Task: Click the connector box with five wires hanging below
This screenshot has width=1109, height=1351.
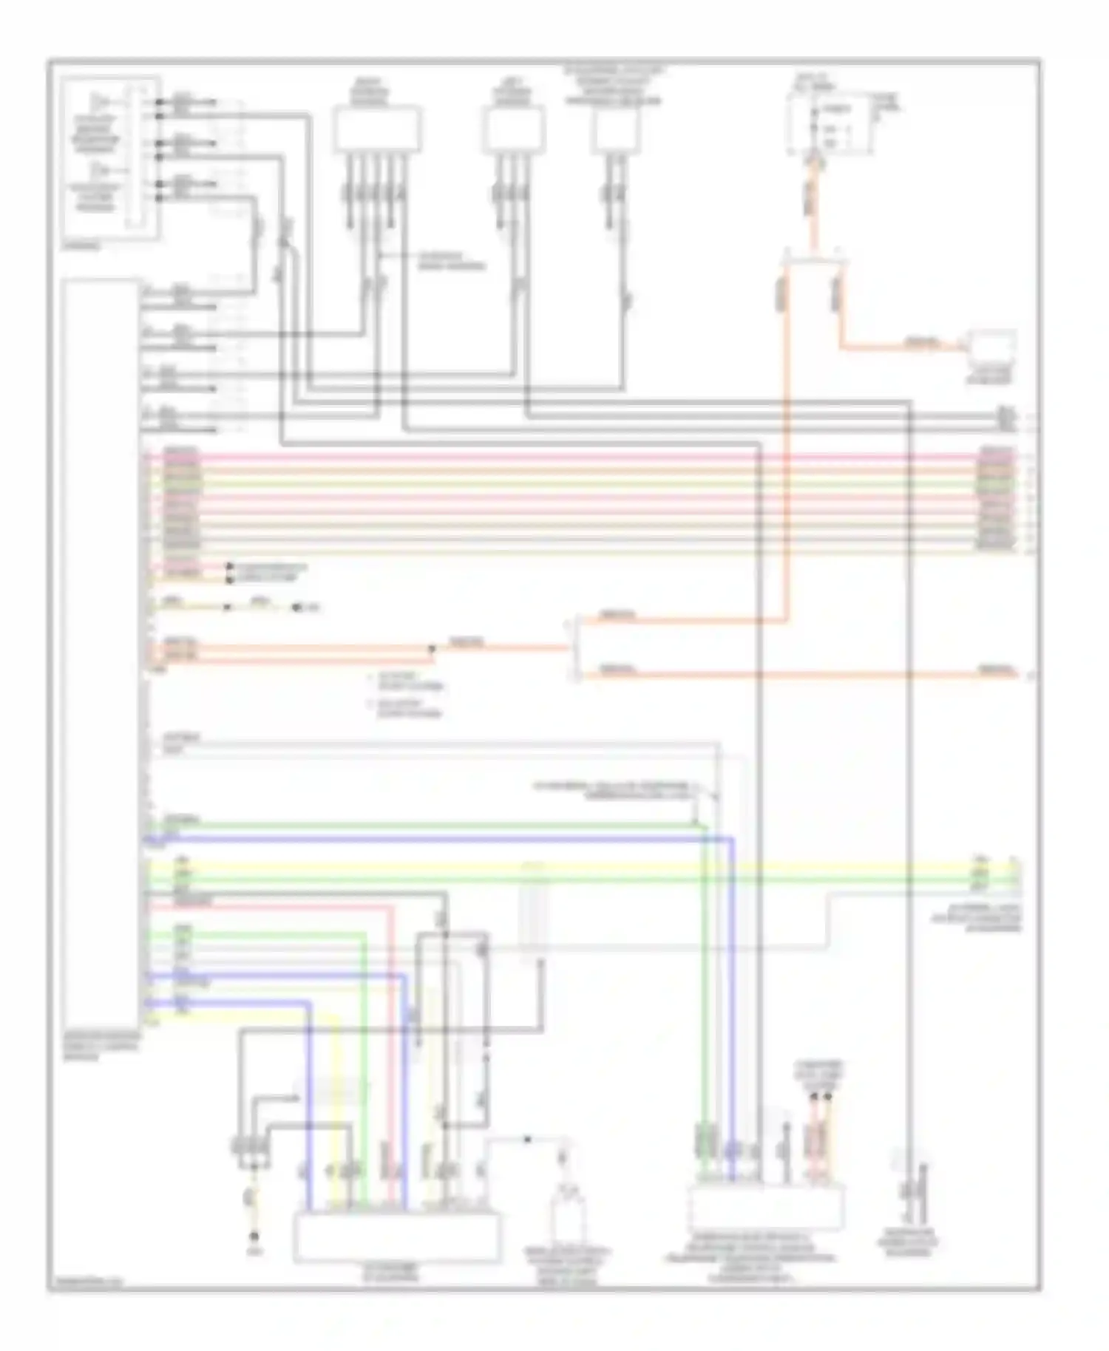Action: tap(377, 129)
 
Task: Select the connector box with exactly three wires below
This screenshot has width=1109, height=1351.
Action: tap(514, 129)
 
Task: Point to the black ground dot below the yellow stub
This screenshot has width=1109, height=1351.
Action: tap(254, 1236)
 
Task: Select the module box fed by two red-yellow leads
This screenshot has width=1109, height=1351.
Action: tap(765, 1208)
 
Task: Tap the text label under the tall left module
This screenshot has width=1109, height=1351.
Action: tap(101, 1047)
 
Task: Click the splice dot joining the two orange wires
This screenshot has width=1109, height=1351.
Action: tap(432, 649)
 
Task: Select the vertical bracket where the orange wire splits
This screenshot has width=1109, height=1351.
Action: tap(575, 649)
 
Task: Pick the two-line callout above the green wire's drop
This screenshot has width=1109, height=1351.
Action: tap(614, 789)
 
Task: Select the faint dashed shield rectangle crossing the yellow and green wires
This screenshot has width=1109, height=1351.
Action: tap(534, 913)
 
